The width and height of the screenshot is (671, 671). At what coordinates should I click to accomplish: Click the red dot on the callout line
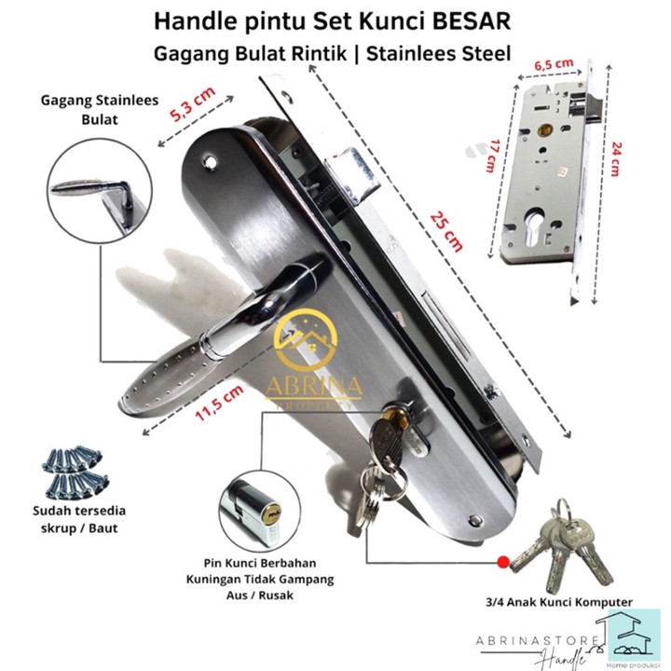click(x=503, y=563)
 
